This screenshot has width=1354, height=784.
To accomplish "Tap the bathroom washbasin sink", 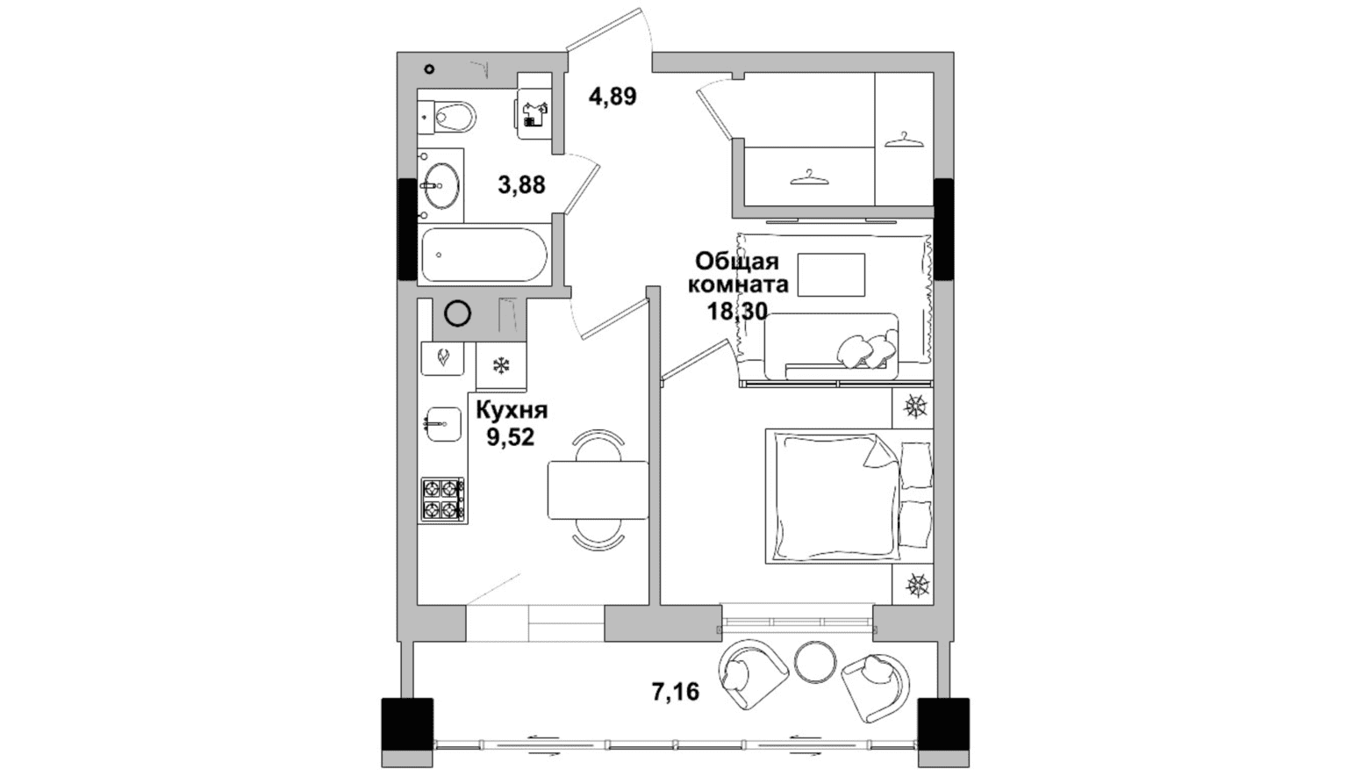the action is tap(441, 185).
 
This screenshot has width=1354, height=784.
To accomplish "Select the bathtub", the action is tap(484, 255).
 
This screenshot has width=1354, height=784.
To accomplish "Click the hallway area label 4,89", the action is tap(613, 97).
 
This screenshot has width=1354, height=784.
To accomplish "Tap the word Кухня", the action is tap(512, 410).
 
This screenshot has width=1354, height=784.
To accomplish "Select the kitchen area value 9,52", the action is tap(511, 436).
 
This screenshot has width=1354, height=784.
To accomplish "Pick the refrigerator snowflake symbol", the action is tap(501, 365).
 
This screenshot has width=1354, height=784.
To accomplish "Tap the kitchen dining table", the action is tap(598, 490).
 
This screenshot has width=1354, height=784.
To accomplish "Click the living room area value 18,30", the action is tap(737, 311).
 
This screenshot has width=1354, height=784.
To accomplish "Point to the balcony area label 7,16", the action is tap(676, 692).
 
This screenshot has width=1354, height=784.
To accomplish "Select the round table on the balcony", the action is tap(815, 662).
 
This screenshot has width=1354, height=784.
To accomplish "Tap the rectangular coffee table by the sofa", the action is tap(831, 275).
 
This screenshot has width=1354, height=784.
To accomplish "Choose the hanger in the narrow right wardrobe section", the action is tap(905, 140).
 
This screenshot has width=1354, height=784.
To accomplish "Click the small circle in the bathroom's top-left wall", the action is tap(429, 69).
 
